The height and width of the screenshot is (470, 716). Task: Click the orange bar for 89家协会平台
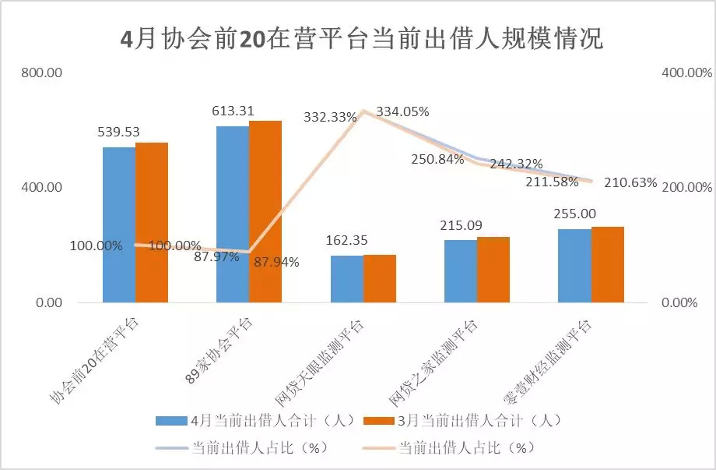point(265,211)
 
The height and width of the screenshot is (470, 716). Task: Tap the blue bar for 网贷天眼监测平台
point(346,279)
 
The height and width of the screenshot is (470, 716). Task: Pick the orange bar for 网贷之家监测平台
point(493,270)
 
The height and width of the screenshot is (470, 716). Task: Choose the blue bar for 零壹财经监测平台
point(574,266)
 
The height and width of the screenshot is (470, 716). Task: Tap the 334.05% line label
point(402,111)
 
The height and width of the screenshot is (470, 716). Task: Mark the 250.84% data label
point(438,159)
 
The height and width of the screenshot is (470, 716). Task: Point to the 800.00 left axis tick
point(42,72)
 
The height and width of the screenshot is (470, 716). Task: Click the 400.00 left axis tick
point(42,188)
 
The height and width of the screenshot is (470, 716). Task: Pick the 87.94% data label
point(276,263)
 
